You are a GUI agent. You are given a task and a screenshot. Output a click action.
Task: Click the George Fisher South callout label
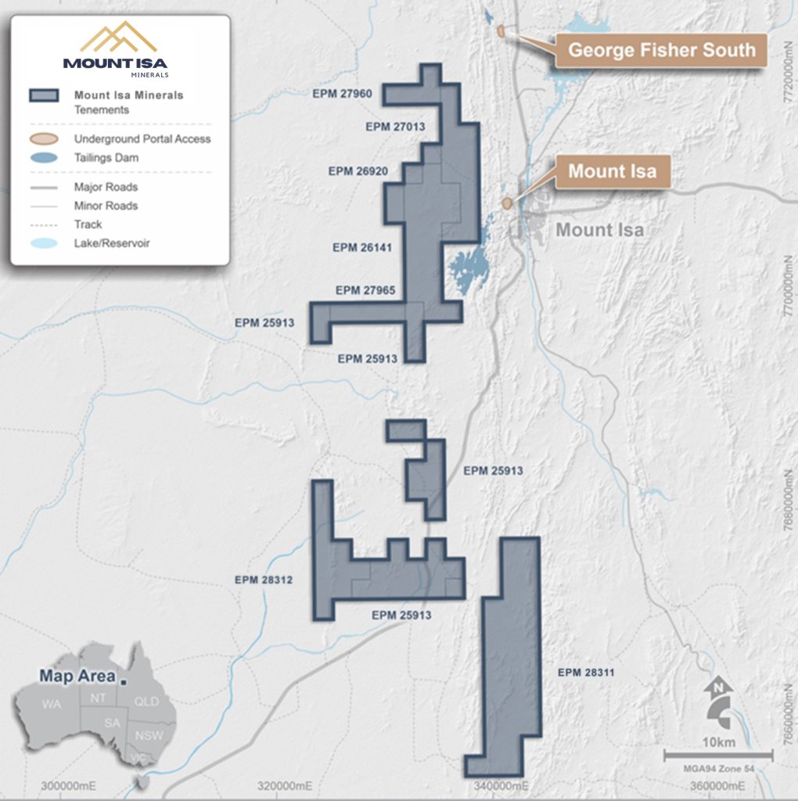[661, 51]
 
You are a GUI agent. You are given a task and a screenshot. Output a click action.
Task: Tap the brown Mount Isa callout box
[612, 171]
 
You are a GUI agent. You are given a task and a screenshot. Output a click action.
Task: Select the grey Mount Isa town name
[599, 230]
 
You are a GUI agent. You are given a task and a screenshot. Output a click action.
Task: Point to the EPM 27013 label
[395, 127]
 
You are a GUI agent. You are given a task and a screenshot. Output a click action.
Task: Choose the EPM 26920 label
[358, 171]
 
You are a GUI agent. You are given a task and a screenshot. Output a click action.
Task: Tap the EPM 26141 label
[362, 247]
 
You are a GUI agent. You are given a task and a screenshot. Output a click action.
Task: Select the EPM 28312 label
[264, 580]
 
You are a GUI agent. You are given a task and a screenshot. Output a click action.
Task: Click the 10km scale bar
[718, 755]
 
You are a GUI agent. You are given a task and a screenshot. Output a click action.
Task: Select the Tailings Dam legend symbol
[43, 158]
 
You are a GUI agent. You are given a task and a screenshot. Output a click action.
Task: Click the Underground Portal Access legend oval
[43, 139]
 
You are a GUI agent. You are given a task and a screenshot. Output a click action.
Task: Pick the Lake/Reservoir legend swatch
[43, 243]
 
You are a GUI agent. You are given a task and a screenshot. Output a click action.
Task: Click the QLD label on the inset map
[146, 702]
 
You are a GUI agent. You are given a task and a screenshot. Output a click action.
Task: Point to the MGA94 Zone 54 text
[718, 769]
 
